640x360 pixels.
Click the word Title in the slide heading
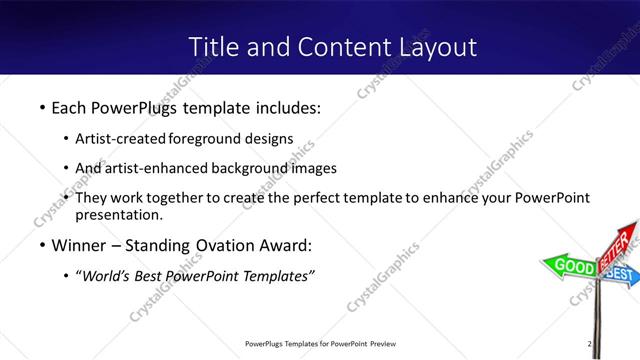pos(213,46)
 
